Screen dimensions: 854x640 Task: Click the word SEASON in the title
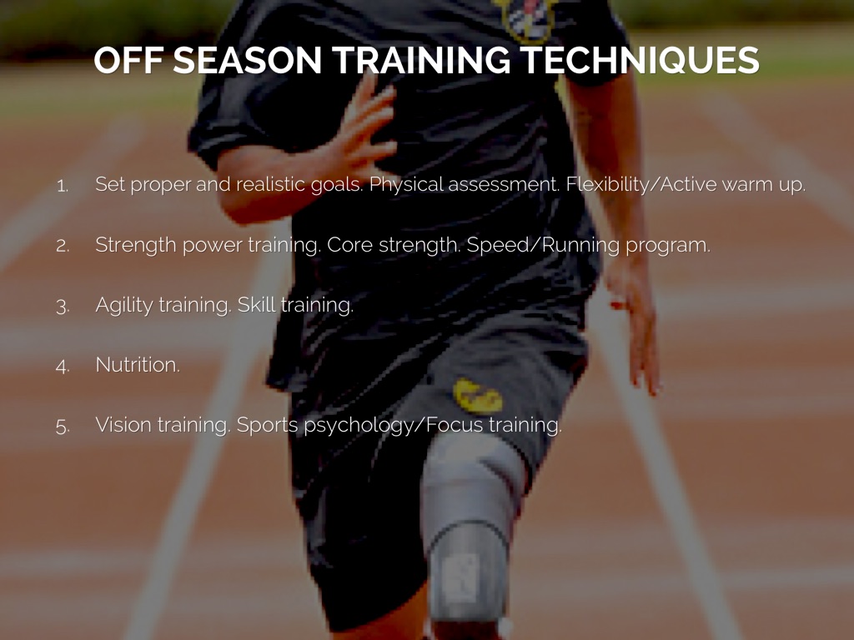tap(247, 60)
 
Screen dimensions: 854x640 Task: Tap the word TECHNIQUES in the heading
tap(640, 60)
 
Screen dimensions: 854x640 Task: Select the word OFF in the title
tap(128, 60)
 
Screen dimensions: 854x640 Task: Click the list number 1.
tap(63, 186)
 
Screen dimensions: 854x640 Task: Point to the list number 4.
tap(63, 366)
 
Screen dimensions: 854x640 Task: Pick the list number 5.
tap(63, 426)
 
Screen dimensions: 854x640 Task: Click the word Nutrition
tap(138, 365)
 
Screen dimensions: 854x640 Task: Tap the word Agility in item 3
tap(124, 305)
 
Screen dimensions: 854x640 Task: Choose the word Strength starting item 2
tap(136, 246)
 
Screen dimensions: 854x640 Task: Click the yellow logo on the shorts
tap(478, 396)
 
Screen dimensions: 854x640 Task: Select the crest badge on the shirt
tap(525, 19)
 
